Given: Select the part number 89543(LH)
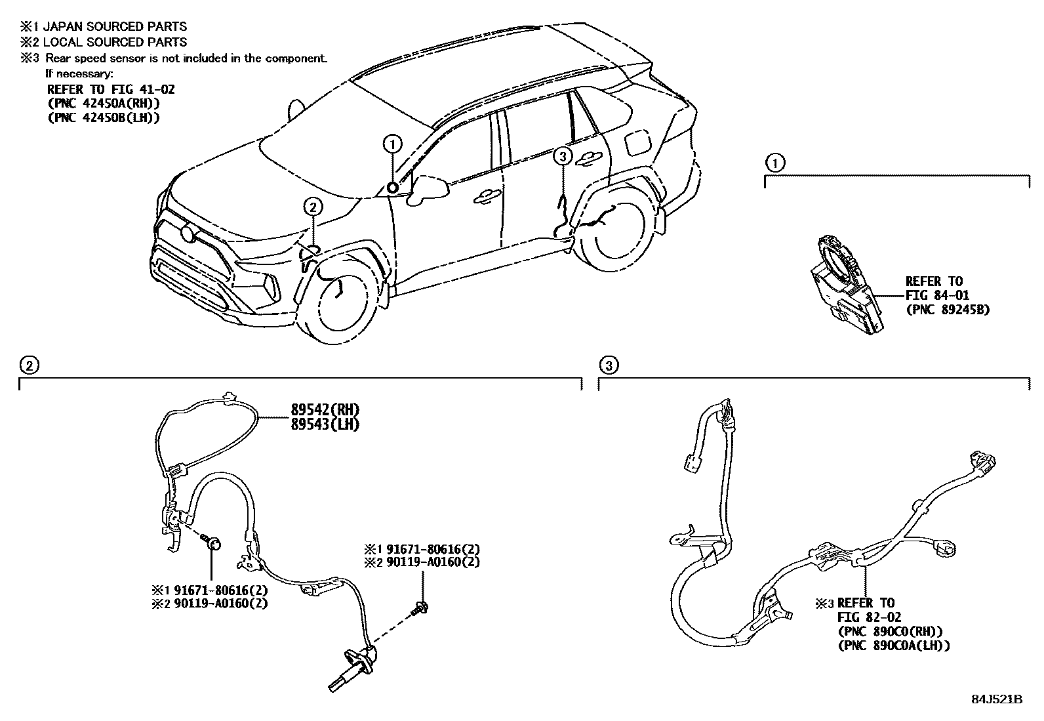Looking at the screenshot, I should click(x=325, y=424).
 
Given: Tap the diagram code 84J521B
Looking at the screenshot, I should click(x=997, y=699).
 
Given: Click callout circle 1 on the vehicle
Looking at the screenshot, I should click(x=392, y=144).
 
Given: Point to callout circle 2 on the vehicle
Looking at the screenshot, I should click(x=313, y=207).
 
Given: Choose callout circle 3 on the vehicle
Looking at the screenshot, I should click(x=562, y=156).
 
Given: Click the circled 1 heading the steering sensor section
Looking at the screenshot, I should click(x=775, y=163).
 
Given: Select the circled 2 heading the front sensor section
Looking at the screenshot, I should click(x=29, y=365).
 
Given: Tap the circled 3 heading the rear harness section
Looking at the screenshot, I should click(x=609, y=365).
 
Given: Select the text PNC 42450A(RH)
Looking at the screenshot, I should click(x=104, y=103).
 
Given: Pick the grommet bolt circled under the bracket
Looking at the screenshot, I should click(x=213, y=543).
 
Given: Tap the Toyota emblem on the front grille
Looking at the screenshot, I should click(x=188, y=234).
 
